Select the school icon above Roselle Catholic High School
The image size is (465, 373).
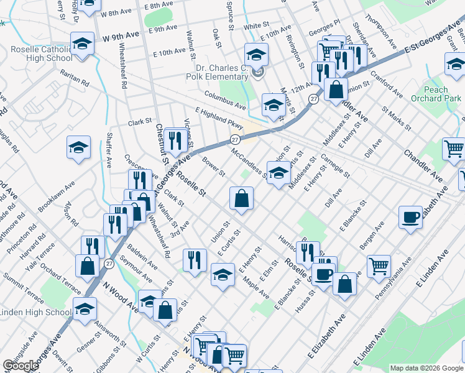coord(81,45)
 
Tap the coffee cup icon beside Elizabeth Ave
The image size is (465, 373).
coord(410,218)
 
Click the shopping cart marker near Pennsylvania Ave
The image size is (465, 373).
coord(379,267)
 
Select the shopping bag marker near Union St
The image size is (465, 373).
coord(241,199)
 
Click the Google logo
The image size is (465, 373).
coord(21,366)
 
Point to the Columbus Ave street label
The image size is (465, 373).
coord(226,101)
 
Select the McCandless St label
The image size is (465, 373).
coord(248,162)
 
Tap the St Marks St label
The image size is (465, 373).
coord(397,117)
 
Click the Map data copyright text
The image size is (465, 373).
coord(426,367)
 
